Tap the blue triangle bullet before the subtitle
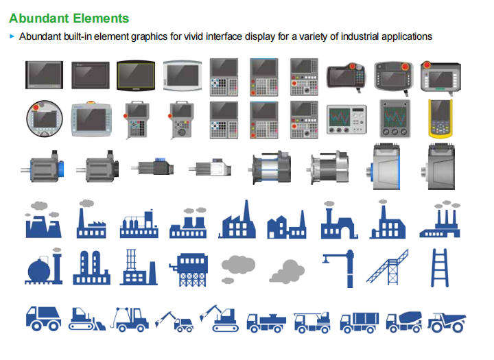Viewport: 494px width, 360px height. [x=12, y=36]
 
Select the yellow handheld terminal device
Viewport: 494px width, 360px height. [x=440, y=119]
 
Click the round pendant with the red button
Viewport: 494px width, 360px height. [x=45, y=119]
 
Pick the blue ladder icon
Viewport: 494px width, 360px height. [x=440, y=267]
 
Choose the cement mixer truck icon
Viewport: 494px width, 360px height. [x=404, y=322]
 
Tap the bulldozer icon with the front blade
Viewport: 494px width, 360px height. [x=87, y=319]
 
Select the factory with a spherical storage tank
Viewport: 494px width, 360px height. [x=44, y=267]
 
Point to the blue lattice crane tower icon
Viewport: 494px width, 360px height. [x=388, y=267]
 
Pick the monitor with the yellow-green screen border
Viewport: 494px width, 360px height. [x=136, y=75]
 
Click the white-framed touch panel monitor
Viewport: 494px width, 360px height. [x=183, y=75]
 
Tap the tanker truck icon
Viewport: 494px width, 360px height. [x=266, y=322]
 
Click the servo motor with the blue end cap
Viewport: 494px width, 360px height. [x=43, y=167]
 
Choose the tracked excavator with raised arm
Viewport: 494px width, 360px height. [x=219, y=318]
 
